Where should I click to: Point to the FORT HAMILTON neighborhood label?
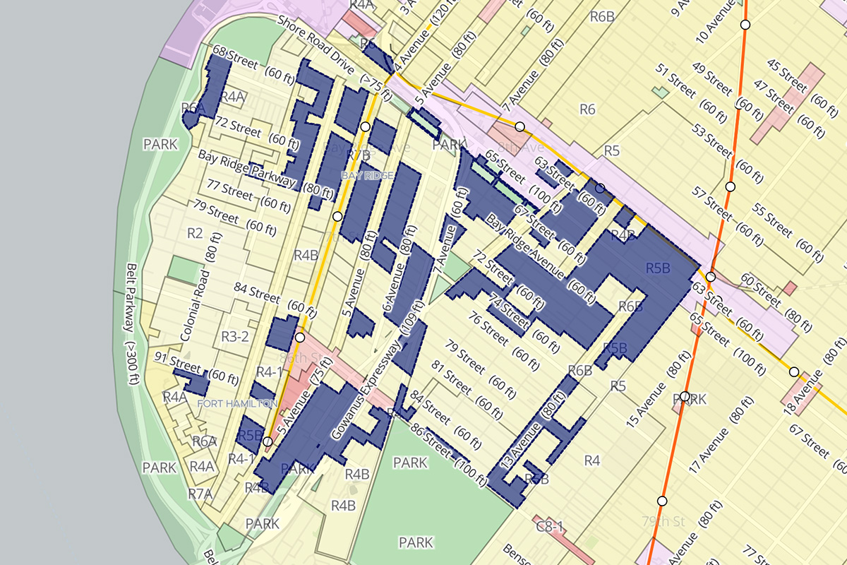coord(237,403)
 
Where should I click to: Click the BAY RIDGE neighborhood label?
coord(367,174)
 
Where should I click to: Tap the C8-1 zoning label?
coord(549,526)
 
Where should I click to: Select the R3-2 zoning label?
coord(235,336)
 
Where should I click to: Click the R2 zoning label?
coord(195,233)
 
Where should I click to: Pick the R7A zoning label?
coord(200,494)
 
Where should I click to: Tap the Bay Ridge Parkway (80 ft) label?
coord(266,173)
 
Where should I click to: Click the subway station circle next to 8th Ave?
coord(520,126)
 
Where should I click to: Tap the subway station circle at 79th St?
coord(662,501)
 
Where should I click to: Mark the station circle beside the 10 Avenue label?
coord(745,25)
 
